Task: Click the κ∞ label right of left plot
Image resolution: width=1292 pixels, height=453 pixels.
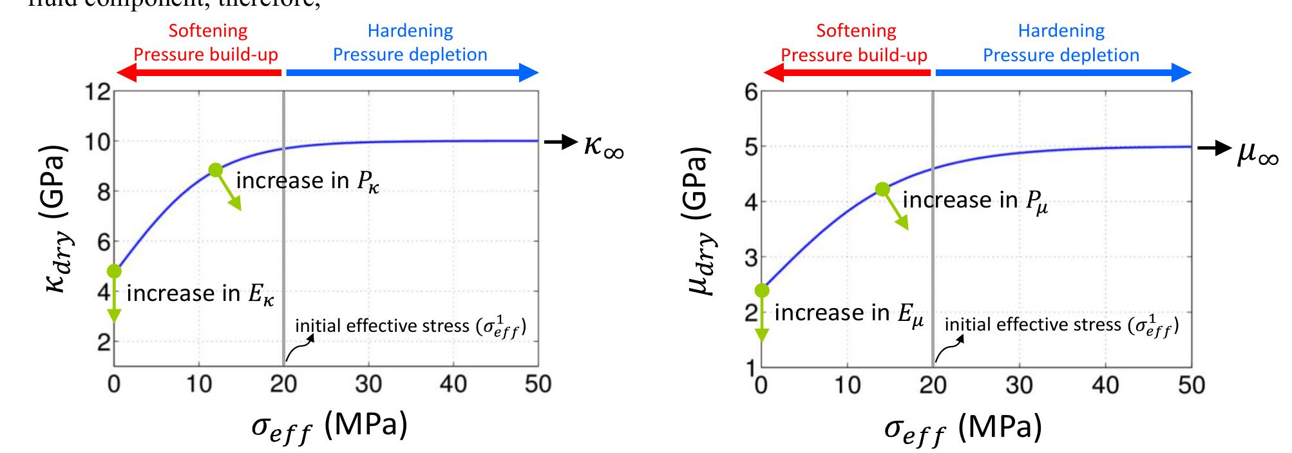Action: [x=603, y=146]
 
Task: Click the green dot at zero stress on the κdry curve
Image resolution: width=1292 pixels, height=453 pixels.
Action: [x=115, y=271]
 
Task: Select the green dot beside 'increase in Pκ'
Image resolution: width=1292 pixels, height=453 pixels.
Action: [x=216, y=170]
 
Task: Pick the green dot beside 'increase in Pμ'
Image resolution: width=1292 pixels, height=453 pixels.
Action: [x=882, y=189]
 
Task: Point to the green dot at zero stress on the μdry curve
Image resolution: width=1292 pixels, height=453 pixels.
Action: [x=763, y=291]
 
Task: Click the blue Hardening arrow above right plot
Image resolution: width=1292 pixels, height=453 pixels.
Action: [x=1063, y=73]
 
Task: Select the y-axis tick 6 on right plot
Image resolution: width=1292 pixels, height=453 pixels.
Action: [x=751, y=92]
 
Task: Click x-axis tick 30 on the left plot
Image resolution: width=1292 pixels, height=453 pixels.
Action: [x=368, y=385]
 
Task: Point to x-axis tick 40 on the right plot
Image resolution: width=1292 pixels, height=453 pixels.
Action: [x=1105, y=385]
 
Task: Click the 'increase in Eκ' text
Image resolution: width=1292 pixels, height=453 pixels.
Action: [x=200, y=294]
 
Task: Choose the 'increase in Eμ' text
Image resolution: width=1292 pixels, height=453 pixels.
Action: [x=849, y=313]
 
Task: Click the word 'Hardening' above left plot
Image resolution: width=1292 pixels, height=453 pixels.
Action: [x=410, y=31]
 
